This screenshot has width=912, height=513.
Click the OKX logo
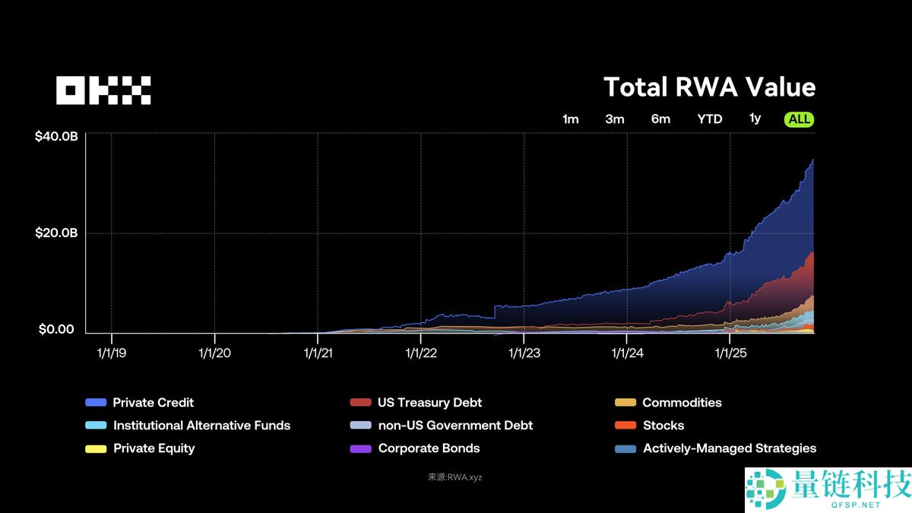pyautogui.click(x=103, y=90)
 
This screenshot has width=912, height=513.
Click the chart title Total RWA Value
pyautogui.click(x=709, y=87)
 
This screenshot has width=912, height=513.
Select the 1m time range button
pyautogui.click(x=570, y=119)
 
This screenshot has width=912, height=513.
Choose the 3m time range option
pyautogui.click(x=615, y=119)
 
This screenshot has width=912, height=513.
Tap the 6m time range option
pyautogui.click(x=660, y=119)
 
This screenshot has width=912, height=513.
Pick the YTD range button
pyautogui.click(x=710, y=119)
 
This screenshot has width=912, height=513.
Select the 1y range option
pyautogui.click(x=755, y=119)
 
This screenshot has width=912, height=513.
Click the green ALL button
pyautogui.click(x=800, y=119)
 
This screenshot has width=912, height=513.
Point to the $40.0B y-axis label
pyautogui.click(x=56, y=137)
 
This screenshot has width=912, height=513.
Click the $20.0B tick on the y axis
pyautogui.click(x=56, y=233)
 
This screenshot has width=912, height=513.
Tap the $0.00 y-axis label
pyautogui.click(x=57, y=330)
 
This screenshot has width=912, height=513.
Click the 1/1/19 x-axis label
pyautogui.click(x=112, y=353)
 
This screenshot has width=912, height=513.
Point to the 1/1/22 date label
pyautogui.click(x=420, y=353)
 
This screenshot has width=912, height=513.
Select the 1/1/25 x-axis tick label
pyautogui.click(x=730, y=353)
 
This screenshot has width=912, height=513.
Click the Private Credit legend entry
pyautogui.click(x=153, y=403)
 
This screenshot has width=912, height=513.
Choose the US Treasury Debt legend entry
pyautogui.click(x=429, y=403)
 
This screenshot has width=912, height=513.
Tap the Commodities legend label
pyautogui.click(x=682, y=403)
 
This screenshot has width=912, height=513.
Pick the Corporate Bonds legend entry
pyautogui.click(x=429, y=448)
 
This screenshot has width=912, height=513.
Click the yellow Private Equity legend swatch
pyautogui.click(x=96, y=448)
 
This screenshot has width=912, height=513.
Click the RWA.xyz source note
pyautogui.click(x=455, y=477)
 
